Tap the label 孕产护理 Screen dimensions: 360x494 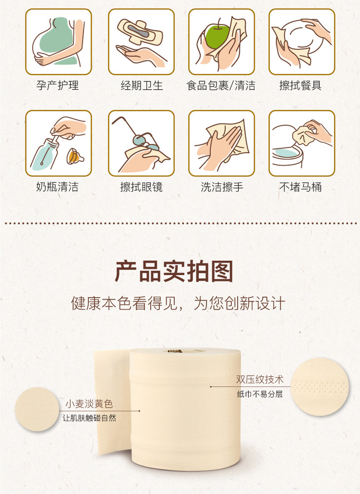click(57, 85)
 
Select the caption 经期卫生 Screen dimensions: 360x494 click(142, 85)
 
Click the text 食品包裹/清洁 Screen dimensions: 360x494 click(221, 85)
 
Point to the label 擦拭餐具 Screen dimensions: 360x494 click(300, 85)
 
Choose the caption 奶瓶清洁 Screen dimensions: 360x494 click(57, 187)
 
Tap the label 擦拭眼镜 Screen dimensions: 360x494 click(141, 187)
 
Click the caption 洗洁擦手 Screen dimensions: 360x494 click(222, 187)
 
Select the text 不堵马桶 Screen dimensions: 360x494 click(300, 187)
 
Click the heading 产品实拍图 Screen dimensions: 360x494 click(174, 271)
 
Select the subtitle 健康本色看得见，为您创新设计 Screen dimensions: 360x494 click(178, 303)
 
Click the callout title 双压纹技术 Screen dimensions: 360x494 click(260, 380)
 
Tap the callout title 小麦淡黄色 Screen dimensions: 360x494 click(89, 404)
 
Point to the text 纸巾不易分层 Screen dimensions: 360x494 click(260, 394)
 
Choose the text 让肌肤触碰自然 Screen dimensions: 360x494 click(89, 418)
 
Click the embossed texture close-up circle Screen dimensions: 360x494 click(320, 386)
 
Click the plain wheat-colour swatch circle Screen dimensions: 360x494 click(37, 409)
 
